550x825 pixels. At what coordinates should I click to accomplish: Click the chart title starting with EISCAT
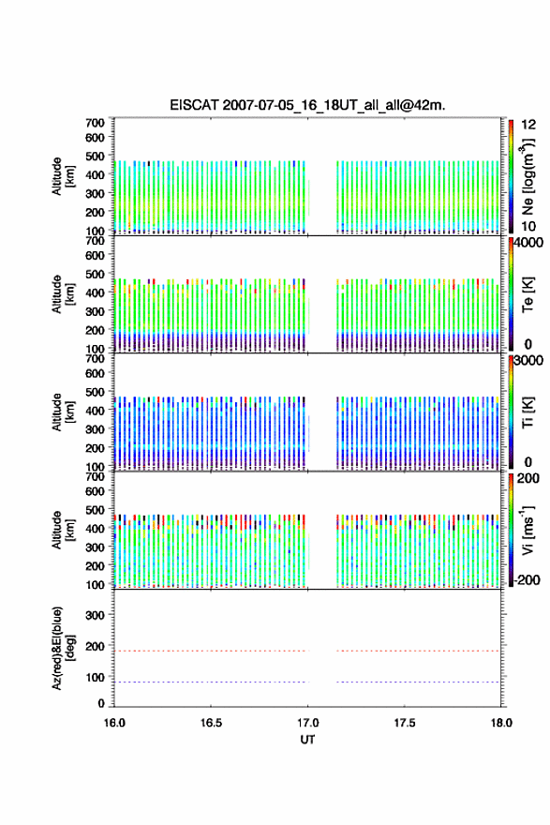tap(307, 105)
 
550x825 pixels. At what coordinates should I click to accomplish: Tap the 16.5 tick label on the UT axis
tap(211, 723)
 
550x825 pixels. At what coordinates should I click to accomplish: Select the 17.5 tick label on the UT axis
tap(405, 723)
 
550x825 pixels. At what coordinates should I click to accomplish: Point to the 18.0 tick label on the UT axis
tap(501, 723)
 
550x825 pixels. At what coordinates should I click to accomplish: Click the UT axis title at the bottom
tap(307, 740)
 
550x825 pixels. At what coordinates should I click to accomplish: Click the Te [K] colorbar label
tap(528, 294)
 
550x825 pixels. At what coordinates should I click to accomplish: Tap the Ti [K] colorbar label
tap(528, 412)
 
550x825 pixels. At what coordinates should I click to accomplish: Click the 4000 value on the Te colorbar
tap(528, 243)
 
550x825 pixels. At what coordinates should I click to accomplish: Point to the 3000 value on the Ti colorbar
tap(528, 360)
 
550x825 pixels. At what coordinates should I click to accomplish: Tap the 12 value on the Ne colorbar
tap(529, 125)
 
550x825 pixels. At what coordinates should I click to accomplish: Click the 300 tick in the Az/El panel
tap(96, 615)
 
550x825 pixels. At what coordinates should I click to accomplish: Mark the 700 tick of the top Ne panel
tap(96, 123)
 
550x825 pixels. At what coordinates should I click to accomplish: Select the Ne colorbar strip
tap(511, 176)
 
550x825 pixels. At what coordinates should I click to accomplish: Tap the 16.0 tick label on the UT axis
tap(114, 723)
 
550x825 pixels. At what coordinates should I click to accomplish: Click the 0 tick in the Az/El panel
tap(101, 703)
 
